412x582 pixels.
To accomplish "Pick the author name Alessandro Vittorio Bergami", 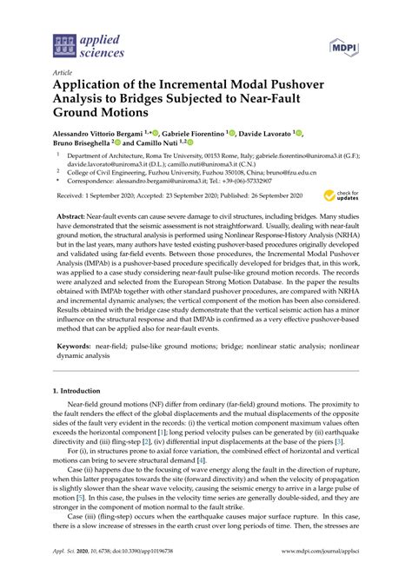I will (104, 134).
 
